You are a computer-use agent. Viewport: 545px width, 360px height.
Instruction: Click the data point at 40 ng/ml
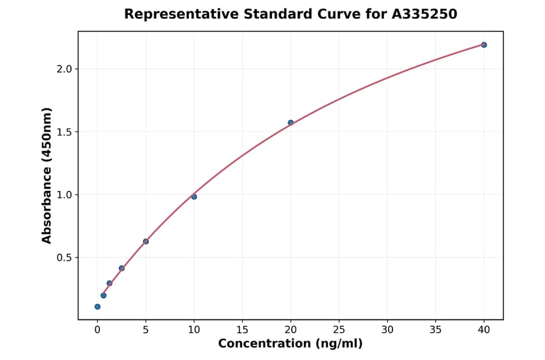click(x=484, y=45)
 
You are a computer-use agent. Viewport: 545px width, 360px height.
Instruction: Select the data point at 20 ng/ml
click(x=291, y=122)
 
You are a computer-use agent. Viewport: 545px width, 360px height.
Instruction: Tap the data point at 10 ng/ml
click(x=194, y=196)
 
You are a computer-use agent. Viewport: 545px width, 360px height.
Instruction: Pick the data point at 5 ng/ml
click(x=146, y=241)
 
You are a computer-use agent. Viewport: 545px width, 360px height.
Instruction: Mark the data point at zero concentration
click(x=97, y=307)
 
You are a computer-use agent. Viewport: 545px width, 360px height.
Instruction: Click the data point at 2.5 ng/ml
click(x=122, y=268)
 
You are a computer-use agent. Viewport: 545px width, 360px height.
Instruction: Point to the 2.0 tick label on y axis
click(x=64, y=69)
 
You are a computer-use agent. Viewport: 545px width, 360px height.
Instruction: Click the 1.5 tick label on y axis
click(x=64, y=132)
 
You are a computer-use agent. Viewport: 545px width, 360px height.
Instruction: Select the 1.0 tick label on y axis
click(x=64, y=195)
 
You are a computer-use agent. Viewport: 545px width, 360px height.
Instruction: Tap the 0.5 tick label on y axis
click(x=64, y=258)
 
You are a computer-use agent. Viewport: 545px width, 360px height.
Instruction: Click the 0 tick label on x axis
click(x=97, y=330)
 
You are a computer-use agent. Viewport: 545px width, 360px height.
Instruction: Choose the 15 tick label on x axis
click(x=242, y=330)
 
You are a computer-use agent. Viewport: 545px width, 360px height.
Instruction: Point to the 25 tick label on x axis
click(x=339, y=330)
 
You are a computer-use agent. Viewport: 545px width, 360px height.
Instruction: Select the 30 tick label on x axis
click(x=388, y=330)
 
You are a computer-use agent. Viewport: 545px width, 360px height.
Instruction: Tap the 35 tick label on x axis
click(x=435, y=330)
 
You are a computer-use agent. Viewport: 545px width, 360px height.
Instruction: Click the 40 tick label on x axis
click(x=484, y=330)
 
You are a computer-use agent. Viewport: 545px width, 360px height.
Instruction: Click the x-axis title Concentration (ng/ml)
click(x=291, y=344)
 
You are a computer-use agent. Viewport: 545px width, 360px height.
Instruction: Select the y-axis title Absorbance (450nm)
click(x=47, y=176)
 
